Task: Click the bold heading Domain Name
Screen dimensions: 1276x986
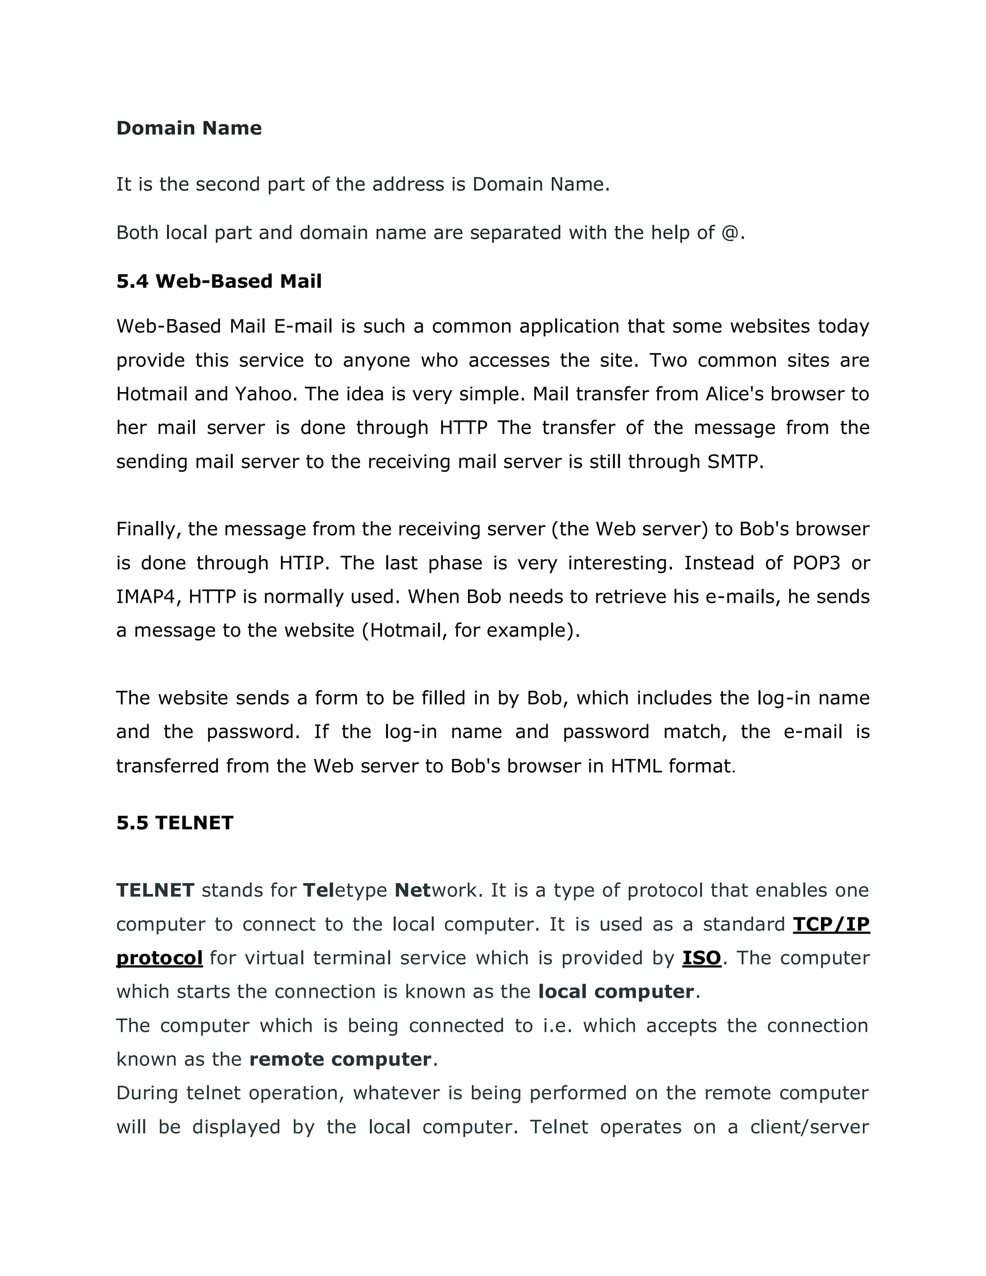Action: (x=189, y=128)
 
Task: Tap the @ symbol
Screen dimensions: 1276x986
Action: (x=730, y=233)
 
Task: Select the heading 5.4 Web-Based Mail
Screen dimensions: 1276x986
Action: (x=219, y=281)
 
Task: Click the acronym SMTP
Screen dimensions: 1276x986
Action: (x=734, y=462)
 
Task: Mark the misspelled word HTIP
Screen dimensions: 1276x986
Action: (x=301, y=562)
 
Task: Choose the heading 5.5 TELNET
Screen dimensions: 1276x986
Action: (x=175, y=822)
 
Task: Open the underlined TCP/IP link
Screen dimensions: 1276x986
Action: (x=831, y=924)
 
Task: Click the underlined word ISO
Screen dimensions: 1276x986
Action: (x=701, y=958)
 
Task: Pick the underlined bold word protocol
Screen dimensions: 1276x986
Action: (x=159, y=958)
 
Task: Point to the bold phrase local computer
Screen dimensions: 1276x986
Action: (x=616, y=991)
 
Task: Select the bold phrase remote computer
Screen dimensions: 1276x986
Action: (x=340, y=1059)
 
